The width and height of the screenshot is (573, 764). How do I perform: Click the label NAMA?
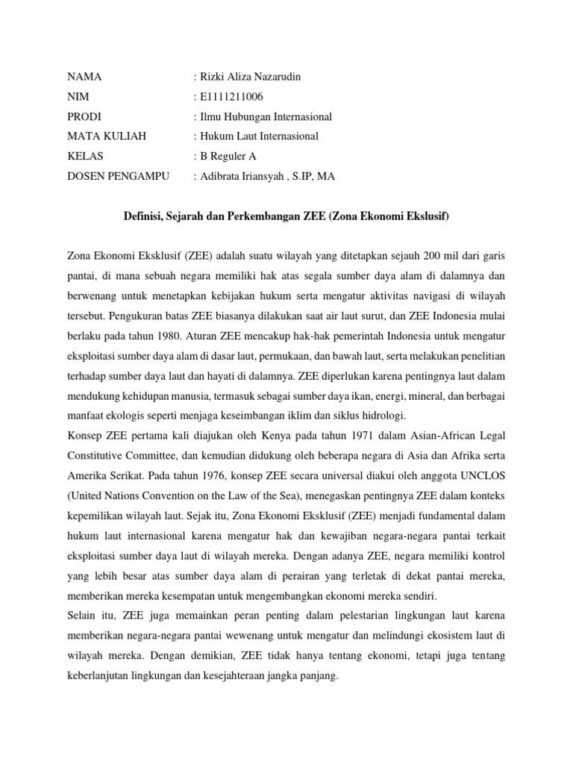[x=84, y=78]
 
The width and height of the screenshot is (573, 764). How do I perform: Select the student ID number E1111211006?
[x=231, y=97]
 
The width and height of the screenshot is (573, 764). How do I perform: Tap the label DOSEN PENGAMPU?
[x=119, y=176]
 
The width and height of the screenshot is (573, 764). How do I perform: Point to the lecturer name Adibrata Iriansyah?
[x=245, y=176]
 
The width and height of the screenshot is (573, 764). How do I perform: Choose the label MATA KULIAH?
[x=107, y=137]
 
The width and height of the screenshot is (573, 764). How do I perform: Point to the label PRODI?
[x=85, y=117]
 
